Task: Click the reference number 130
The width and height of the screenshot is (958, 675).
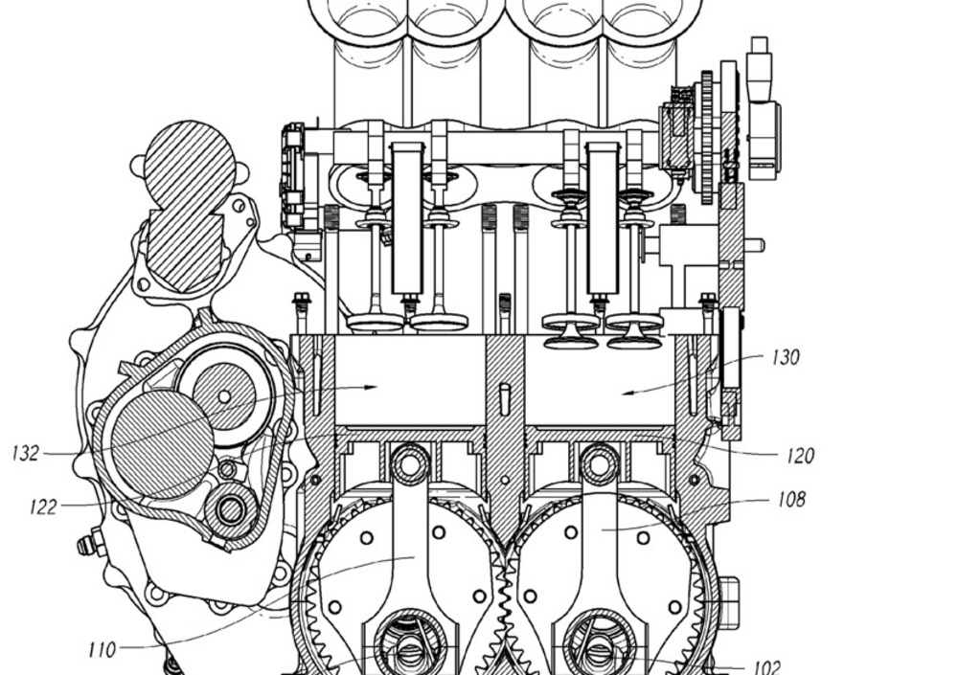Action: [x=786, y=357]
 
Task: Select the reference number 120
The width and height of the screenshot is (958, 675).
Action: [x=800, y=456]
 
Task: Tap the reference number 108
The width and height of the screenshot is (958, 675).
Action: [x=792, y=500]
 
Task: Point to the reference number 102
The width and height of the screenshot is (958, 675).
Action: [x=766, y=666]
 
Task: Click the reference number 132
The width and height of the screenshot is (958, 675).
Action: [x=26, y=453]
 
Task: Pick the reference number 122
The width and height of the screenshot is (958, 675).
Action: [x=43, y=506]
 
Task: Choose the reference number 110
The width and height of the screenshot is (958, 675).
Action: [x=103, y=649]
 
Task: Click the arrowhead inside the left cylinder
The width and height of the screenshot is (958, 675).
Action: [x=370, y=387]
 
